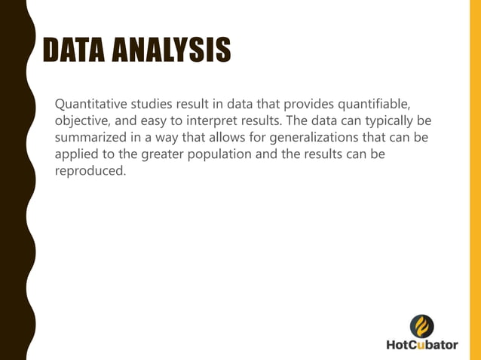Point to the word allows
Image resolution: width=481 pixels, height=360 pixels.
pyautogui.click(x=216, y=139)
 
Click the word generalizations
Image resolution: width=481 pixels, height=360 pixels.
pyautogui.click(x=305, y=139)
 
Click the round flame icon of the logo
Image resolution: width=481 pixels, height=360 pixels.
pyautogui.click(x=421, y=326)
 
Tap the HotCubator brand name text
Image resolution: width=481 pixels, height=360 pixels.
pyautogui.click(x=421, y=346)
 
